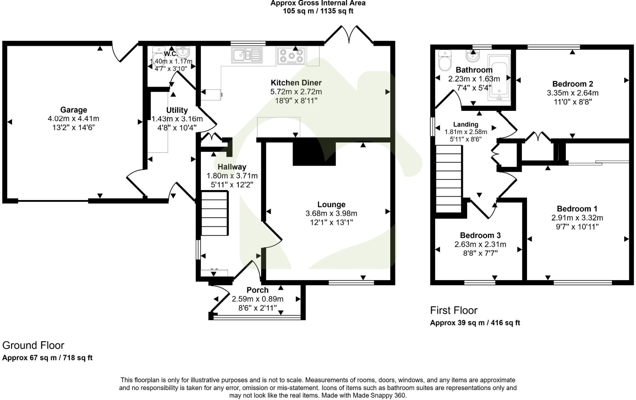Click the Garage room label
(x=73, y=110)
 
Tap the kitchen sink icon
(x=247, y=56)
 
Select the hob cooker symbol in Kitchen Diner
(x=291, y=56)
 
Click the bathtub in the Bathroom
(x=499, y=78)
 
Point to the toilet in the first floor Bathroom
(x=445, y=61)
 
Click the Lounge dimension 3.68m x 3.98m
(x=331, y=214)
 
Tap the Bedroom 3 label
(x=480, y=235)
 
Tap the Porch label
(x=257, y=290)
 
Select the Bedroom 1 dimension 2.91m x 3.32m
(x=577, y=218)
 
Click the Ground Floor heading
(x=33, y=345)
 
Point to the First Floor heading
(x=453, y=310)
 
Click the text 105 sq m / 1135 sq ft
(x=318, y=11)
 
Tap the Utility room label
(x=177, y=110)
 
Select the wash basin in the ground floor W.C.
(x=183, y=51)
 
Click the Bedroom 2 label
(x=572, y=84)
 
